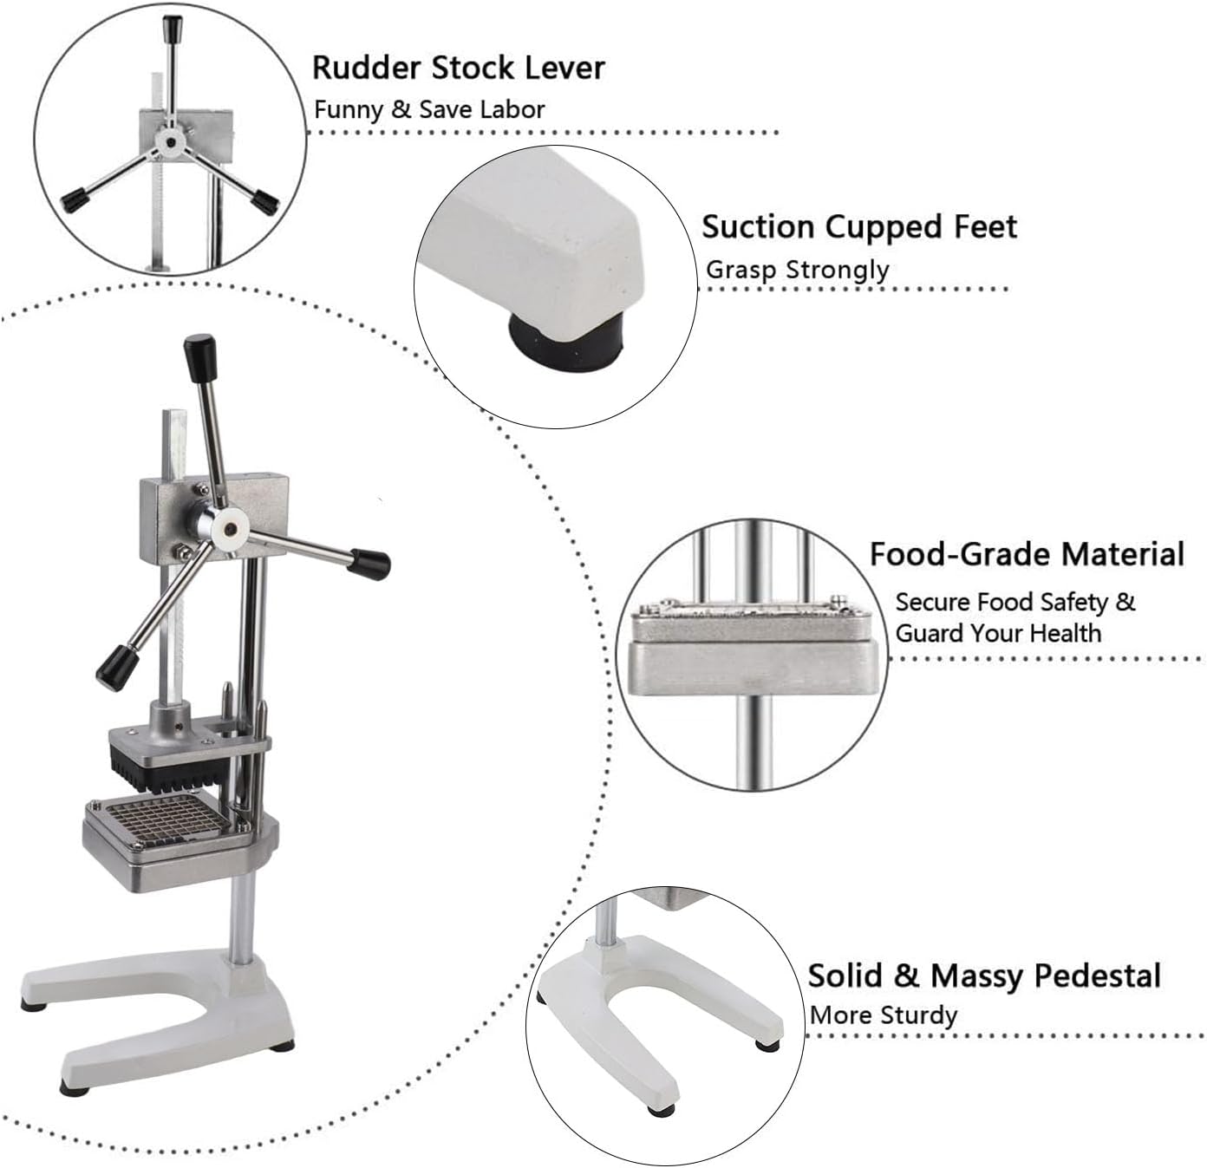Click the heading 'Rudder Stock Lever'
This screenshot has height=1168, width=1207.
pyautogui.click(x=458, y=68)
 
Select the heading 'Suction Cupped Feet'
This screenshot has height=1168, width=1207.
pyautogui.click(x=858, y=227)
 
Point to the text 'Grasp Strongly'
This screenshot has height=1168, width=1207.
pyautogui.click(x=797, y=270)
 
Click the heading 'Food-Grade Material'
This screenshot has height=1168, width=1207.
pyautogui.click(x=1027, y=554)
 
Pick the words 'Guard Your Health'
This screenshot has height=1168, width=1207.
pyautogui.click(x=998, y=633)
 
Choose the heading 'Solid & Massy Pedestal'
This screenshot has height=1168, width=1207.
pyautogui.click(x=984, y=976)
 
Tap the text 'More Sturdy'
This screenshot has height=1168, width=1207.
pyautogui.click(x=884, y=1015)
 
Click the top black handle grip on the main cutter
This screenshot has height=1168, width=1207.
pyautogui.click(x=199, y=355)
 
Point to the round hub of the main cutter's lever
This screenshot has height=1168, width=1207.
pyautogui.click(x=230, y=526)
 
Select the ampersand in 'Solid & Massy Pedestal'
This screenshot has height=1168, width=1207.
pyautogui.click(x=905, y=976)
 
